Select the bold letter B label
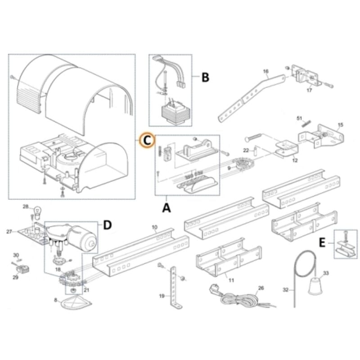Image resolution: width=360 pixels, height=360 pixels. [205, 77]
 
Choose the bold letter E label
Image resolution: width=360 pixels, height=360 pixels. [322, 243]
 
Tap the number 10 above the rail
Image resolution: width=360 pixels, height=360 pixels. [154, 228]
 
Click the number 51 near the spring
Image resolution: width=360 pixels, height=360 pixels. [299, 118]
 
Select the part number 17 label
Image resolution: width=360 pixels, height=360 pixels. [309, 90]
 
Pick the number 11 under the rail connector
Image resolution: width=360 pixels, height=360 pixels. [231, 280]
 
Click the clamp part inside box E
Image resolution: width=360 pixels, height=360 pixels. [345, 246]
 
